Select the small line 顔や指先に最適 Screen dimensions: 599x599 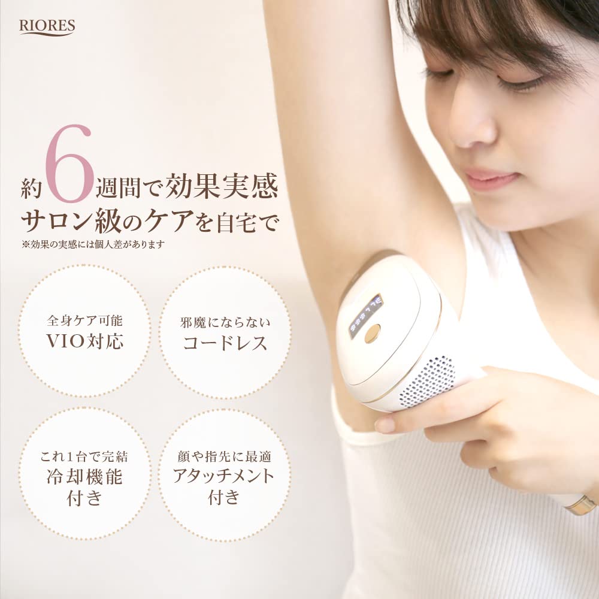223,456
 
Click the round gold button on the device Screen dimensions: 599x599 373,331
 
